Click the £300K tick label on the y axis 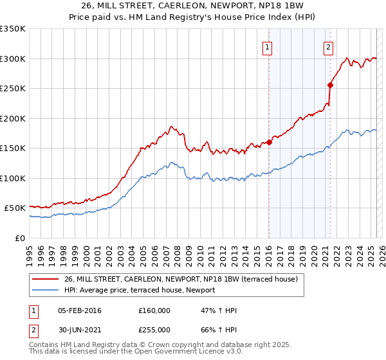[x=13, y=59]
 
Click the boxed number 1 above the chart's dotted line [x=267, y=46]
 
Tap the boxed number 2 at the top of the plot [x=328, y=46]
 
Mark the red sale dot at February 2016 [x=269, y=142]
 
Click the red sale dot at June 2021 [x=330, y=85]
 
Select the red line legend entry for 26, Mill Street [x=180, y=280]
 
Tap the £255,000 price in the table [x=154, y=329]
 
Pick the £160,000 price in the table [x=154, y=310]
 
